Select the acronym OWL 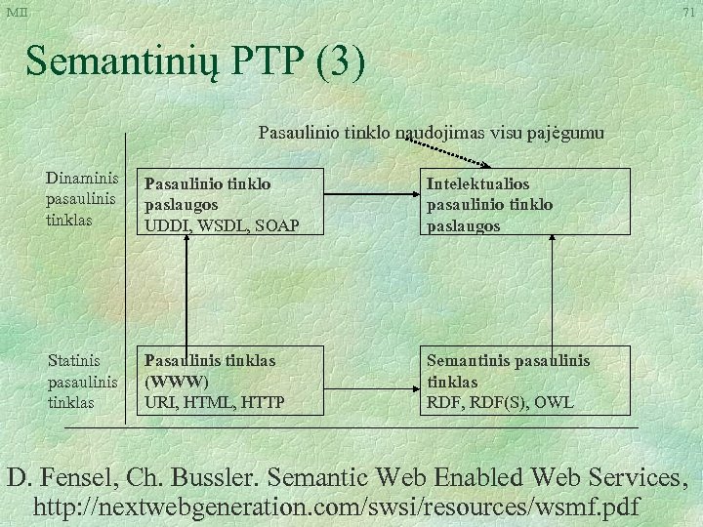pyautogui.click(x=555, y=401)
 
